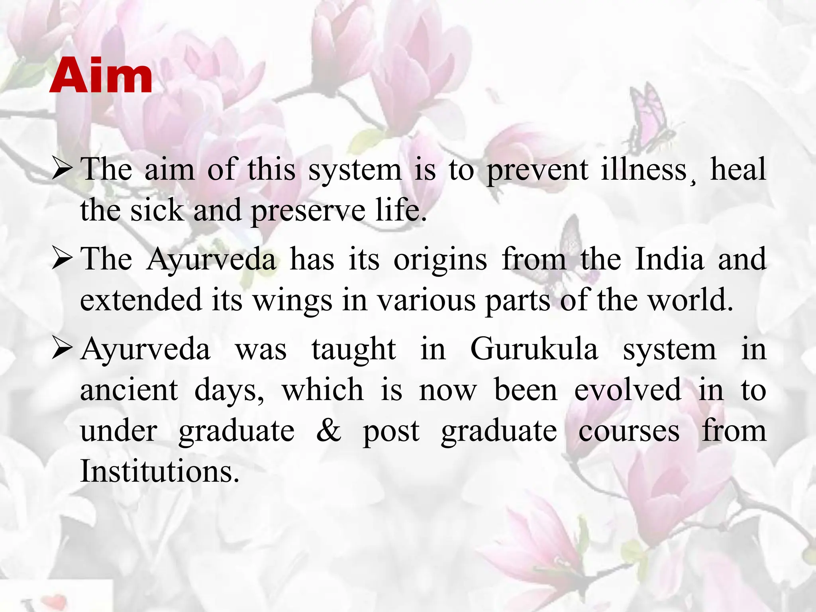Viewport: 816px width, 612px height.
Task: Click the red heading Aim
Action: point(101,76)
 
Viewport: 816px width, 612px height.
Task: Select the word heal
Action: point(738,170)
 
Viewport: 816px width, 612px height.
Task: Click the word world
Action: point(691,300)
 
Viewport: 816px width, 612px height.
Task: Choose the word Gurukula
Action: point(534,350)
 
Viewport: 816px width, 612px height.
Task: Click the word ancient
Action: point(129,390)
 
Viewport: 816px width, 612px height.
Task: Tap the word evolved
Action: point(628,390)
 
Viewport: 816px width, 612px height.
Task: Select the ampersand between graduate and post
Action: point(329,431)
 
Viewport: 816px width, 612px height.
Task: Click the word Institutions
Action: point(160,472)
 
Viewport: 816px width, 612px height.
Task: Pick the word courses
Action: point(629,432)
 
